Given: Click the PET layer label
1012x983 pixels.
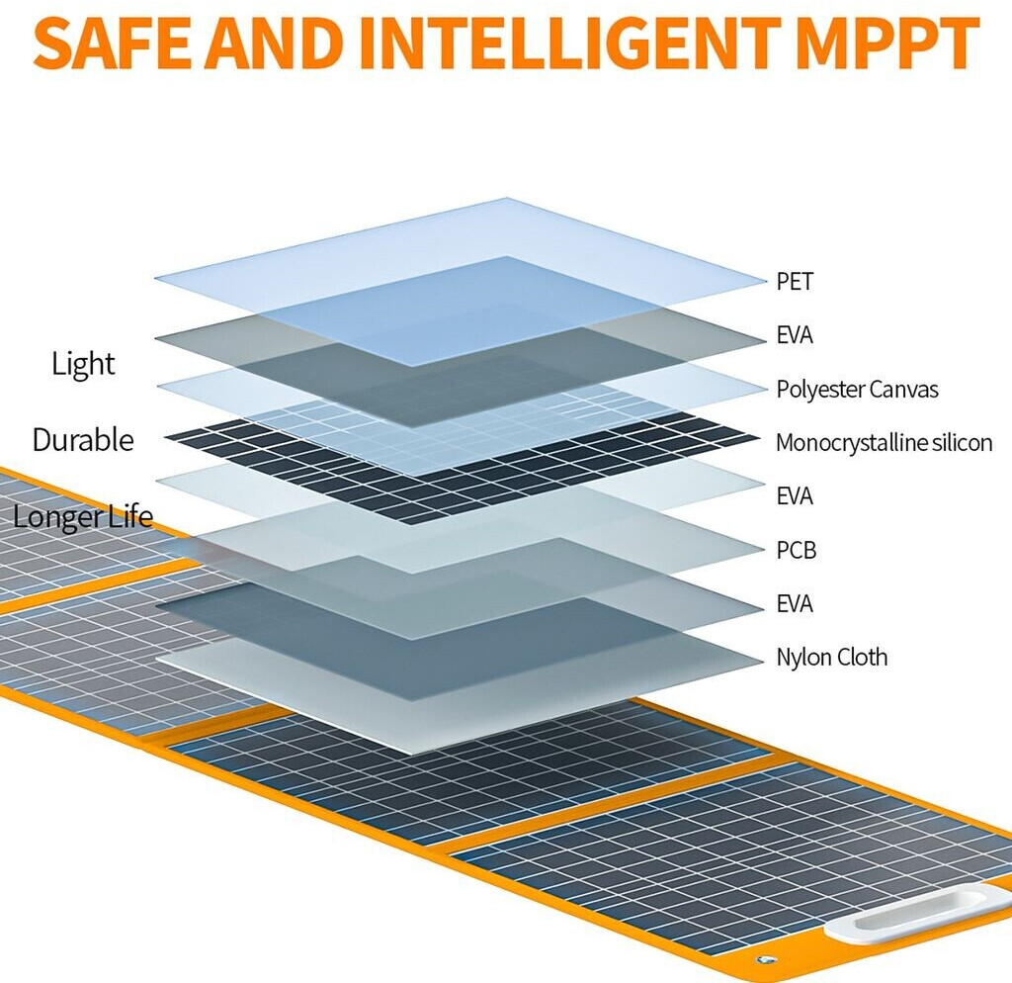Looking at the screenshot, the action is click(x=795, y=282).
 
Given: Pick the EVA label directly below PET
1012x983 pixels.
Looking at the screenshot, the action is click(x=795, y=335).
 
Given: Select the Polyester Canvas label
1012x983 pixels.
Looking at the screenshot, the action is click(x=857, y=390).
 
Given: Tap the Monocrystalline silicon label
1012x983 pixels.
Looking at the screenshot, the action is click(x=885, y=443).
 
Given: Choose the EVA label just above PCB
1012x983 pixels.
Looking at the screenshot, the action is click(x=795, y=496).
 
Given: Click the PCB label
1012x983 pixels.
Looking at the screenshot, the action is click(x=797, y=550).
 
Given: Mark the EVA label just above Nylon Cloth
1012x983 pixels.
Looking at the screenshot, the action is click(x=795, y=604).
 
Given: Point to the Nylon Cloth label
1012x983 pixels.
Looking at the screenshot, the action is click(x=832, y=658).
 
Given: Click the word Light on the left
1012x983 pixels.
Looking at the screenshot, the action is click(x=83, y=364).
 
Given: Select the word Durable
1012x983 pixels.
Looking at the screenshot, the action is click(x=83, y=440).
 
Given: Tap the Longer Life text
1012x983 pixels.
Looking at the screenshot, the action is click(x=83, y=516).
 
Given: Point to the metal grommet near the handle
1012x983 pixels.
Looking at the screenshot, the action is click(x=766, y=959).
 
